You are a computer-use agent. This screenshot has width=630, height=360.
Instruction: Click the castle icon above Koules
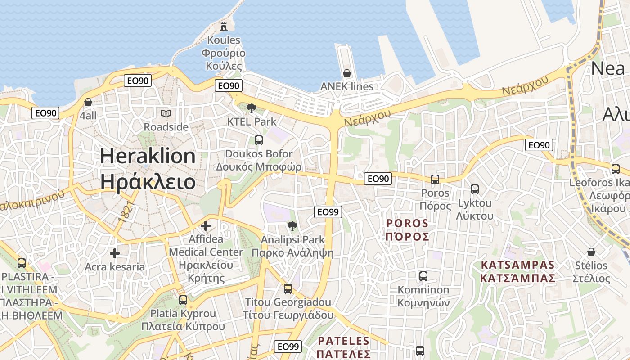tap(224, 26)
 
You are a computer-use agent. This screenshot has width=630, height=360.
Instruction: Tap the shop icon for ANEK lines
tap(347, 73)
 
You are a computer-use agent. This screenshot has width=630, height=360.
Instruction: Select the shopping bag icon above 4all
tap(88, 102)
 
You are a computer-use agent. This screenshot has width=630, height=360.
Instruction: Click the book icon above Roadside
tap(166, 113)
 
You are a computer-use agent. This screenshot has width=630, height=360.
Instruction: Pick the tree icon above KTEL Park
tap(252, 108)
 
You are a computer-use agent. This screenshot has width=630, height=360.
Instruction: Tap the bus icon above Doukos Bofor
tap(259, 140)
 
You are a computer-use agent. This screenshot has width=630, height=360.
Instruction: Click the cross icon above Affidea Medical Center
tap(206, 225)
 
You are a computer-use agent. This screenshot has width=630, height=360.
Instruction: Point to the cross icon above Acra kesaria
tap(115, 253)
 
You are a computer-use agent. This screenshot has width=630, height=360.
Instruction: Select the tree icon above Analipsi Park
tap(292, 226)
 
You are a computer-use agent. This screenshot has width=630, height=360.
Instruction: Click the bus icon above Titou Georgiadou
tap(288, 288)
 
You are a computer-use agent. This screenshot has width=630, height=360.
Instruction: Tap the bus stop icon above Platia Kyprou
tap(183, 300)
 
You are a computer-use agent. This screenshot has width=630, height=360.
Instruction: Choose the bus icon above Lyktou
tap(475, 189)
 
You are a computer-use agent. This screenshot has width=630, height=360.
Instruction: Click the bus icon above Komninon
tap(423, 276)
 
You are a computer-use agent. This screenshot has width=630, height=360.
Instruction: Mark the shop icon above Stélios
tap(591, 252)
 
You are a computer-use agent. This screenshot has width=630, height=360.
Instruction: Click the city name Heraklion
tap(148, 156)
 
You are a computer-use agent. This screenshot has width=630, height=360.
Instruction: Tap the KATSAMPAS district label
tap(517, 264)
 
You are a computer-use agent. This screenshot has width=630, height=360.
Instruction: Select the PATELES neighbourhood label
tap(344, 341)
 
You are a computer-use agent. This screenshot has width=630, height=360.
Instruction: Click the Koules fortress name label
tap(224, 40)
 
